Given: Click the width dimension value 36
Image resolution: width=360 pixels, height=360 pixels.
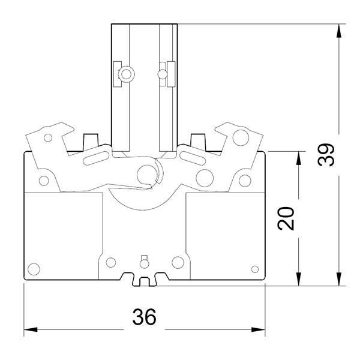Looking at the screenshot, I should coord(143,317).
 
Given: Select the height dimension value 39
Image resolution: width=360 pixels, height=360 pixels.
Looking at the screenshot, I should coord(326,155).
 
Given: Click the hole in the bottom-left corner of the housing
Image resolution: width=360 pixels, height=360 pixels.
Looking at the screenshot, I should coord(34,268).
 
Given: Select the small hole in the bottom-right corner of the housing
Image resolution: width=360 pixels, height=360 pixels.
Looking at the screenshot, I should coord(254,268).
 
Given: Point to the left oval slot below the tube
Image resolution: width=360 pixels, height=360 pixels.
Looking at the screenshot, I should coord(96,158).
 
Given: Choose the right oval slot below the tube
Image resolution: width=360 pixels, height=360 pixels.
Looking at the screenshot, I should coord(193,158).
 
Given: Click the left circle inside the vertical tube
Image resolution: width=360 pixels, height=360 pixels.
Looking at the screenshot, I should coord(126,74).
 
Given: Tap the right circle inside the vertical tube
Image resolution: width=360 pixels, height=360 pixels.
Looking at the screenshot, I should coord(160,74).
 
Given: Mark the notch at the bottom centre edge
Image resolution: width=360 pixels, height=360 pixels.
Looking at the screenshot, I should coord(144,280).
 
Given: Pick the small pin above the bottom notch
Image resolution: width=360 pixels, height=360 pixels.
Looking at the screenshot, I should coord(143,260).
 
